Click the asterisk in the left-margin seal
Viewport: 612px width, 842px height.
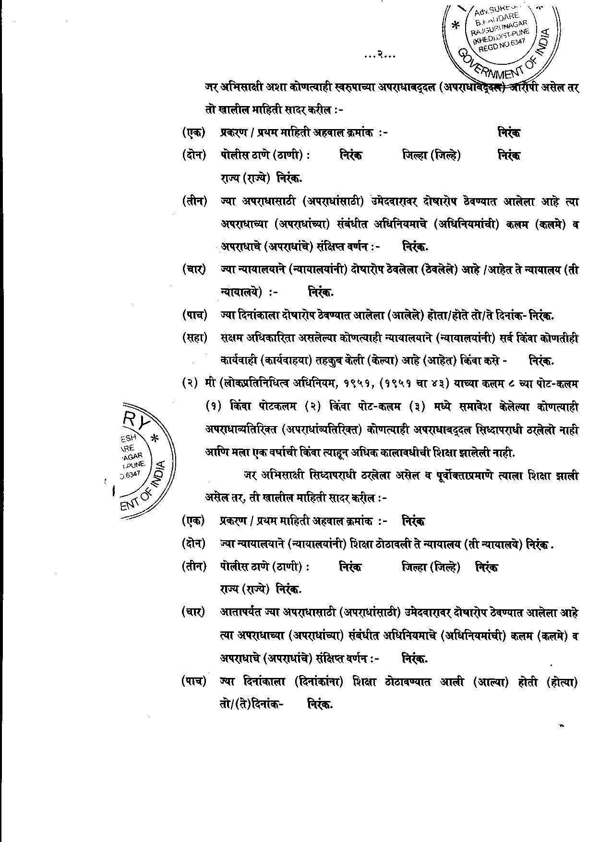tap(155, 438)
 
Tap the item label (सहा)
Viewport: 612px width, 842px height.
tap(194, 338)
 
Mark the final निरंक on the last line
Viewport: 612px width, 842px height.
tap(320, 704)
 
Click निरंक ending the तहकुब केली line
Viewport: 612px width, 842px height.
tap(540, 360)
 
